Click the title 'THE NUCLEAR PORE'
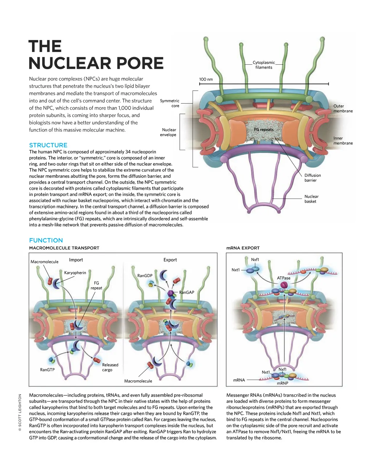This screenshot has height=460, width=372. click(96, 55)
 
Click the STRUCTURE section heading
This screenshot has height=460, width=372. click(48, 145)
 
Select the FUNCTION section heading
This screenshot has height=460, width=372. click(46, 240)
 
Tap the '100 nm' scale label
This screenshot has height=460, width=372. click(206, 79)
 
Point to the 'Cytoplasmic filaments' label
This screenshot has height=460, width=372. click(264, 65)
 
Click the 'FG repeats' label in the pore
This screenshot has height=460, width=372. click(264, 129)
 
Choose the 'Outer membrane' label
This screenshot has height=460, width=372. click(343, 108)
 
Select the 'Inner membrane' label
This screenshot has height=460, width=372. click(343, 141)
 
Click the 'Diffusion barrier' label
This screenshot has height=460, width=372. click(312, 178)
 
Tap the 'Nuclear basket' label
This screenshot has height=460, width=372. click(311, 199)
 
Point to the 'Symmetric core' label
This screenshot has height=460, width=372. click(170, 103)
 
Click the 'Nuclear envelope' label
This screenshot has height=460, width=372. click(168, 132)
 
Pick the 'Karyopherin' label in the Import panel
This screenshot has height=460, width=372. click(75, 273)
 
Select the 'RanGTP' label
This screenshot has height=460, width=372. click(47, 370)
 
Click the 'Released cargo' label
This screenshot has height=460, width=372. click(110, 367)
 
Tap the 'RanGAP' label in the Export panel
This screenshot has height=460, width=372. click(187, 292)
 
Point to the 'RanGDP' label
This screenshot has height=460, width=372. click(145, 276)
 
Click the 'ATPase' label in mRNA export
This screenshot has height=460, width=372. click(284, 278)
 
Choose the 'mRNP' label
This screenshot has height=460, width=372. click(282, 383)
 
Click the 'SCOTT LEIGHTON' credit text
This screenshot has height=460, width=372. click(20, 413)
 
